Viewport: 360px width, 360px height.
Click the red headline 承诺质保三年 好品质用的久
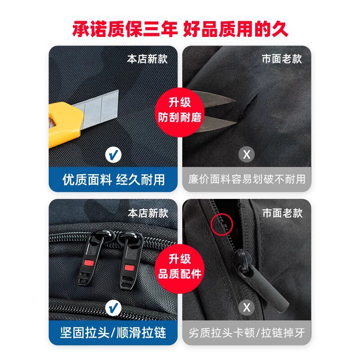[180, 29]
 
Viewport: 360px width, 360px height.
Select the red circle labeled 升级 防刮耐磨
[180, 110]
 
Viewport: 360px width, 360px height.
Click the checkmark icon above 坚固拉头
[113, 309]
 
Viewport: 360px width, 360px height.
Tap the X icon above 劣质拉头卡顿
[247, 309]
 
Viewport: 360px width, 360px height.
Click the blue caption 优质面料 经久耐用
[113, 180]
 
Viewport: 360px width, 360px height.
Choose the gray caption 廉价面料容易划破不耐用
[247, 180]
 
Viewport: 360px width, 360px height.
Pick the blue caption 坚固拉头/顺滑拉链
[113, 333]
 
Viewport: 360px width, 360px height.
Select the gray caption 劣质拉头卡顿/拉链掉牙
[247, 333]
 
